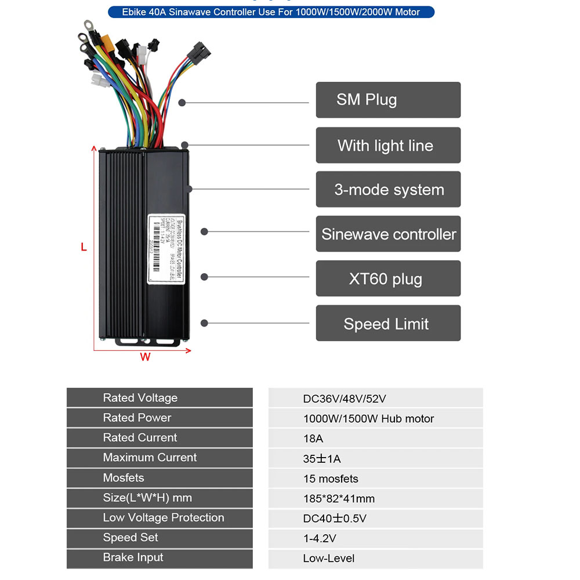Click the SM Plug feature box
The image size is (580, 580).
coord(388,100)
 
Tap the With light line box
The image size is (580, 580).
coord(388,145)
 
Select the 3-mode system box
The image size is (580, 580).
coord(388,190)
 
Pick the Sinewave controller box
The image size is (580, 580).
coord(388,234)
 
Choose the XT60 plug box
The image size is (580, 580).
coord(388,279)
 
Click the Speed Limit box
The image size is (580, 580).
coord(388,324)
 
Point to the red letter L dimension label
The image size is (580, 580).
coord(84,247)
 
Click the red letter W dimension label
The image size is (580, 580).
coord(145,357)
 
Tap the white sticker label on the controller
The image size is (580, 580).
coord(166,249)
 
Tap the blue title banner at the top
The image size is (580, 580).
coord(271,12)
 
